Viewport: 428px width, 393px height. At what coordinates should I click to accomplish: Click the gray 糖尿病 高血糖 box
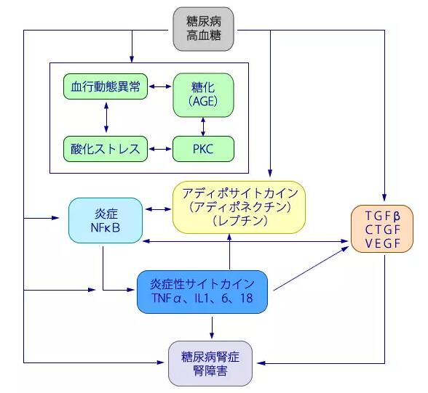205,29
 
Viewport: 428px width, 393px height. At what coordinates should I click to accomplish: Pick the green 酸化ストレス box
106,149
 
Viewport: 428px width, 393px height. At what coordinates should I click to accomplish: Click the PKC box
204,149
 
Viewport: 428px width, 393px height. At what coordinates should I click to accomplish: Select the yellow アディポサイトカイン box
239,207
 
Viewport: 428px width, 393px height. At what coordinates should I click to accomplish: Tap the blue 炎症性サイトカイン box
204,291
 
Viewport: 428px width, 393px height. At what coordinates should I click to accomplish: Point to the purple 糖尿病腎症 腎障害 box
210,363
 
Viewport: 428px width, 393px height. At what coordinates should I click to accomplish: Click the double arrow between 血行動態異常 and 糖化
159,86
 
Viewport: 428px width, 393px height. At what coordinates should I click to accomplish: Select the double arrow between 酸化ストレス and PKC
159,149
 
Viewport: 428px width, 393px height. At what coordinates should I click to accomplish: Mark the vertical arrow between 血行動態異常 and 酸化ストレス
106,117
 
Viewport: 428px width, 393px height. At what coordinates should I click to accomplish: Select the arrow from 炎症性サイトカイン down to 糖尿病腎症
211,327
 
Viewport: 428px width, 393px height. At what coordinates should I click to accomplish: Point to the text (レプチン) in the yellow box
239,221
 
